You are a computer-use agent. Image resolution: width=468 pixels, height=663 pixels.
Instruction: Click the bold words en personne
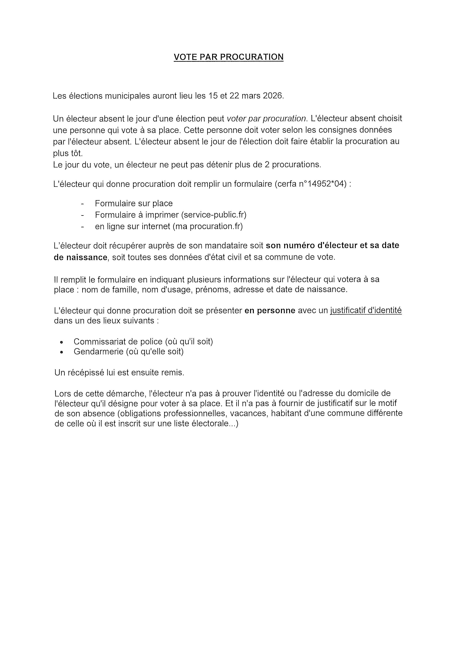click(270, 310)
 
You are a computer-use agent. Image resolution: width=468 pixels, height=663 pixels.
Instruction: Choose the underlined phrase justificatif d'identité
click(366, 310)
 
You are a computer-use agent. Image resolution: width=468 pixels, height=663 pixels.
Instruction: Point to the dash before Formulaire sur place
click(83, 204)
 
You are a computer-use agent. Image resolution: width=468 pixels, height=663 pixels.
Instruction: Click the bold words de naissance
click(81, 257)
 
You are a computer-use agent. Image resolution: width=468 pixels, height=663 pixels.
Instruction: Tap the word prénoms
click(213, 289)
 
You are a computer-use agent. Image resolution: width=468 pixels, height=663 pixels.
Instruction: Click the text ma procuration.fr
click(208, 226)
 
